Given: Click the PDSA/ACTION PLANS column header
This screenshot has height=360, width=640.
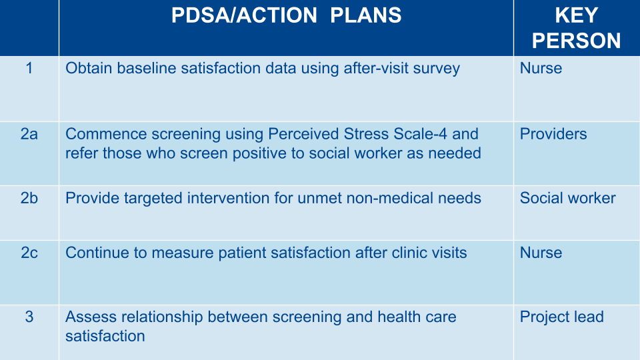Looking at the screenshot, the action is coord(286,15).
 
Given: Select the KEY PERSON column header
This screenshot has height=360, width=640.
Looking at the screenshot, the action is coord(576,28).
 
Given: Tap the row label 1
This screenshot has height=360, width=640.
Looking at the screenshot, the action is coord(29,68).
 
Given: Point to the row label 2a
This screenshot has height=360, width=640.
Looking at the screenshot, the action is coord(29,134).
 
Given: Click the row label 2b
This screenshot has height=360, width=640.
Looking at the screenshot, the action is coord(29,198).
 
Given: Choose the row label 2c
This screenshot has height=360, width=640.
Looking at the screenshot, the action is coord(29,253).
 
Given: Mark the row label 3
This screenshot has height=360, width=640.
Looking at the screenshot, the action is coord(29,317).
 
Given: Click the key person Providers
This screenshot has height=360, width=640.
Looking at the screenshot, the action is coord(553,134).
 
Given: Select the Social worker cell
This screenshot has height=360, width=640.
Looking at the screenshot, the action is coord(567,198).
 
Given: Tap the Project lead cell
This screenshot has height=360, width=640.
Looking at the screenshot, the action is coord(561,317).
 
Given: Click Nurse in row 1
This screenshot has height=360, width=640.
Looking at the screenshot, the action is coord(541,68).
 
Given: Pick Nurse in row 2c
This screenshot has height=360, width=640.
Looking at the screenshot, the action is coord(541,253).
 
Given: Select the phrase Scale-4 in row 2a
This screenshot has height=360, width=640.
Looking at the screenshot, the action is coord(420,134).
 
